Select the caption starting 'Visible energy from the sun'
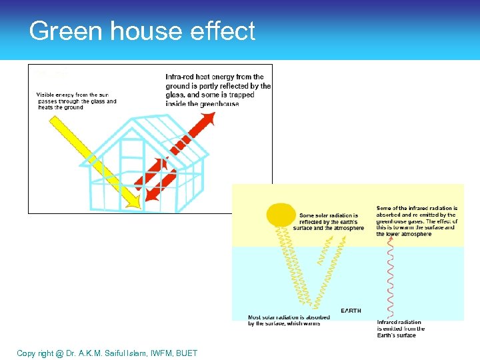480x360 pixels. tap(76, 101)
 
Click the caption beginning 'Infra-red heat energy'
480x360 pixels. tap(218, 90)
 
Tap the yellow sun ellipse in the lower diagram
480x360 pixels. tap(280, 214)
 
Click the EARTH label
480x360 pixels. tap(352, 311)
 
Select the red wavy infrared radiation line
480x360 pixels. tap(390, 280)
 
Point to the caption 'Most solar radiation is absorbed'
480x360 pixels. tap(288, 320)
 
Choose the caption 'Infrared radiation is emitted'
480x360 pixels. tap(400, 329)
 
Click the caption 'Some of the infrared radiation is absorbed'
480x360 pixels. tap(416, 221)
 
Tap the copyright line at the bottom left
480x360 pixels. tap(107, 353)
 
